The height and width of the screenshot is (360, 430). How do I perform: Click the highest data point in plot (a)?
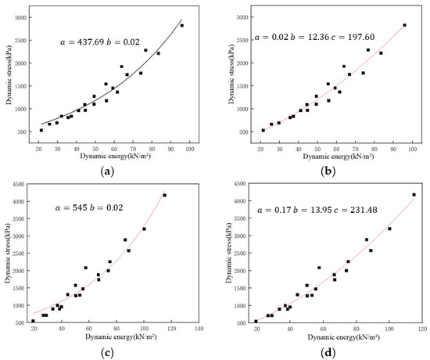[182, 25]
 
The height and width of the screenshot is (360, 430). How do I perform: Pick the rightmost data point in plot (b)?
[405, 25]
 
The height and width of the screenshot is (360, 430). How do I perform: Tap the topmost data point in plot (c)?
[165, 195]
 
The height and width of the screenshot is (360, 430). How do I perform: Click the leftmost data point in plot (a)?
[41, 130]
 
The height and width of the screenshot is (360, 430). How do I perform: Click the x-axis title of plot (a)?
[116, 156]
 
